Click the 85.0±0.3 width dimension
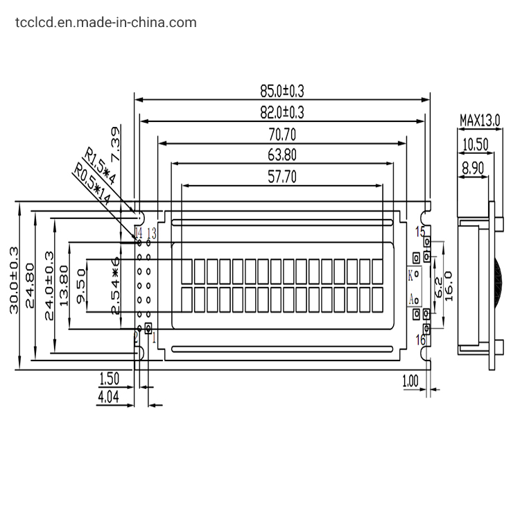pyautogui.click(x=282, y=90)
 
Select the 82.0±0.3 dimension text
pyautogui.click(x=282, y=112)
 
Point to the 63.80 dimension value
pyautogui.click(x=282, y=155)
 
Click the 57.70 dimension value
pyautogui.click(x=282, y=177)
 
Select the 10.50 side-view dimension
pyautogui.click(x=476, y=144)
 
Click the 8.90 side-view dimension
pyautogui.click(x=474, y=166)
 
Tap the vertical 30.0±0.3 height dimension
pyautogui.click(x=14, y=284)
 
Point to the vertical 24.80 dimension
pyautogui.click(x=30, y=284)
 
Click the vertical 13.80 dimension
pyautogui.click(x=64, y=284)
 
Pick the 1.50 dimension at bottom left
pyautogui.click(x=110, y=379)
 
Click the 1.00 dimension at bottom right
pyautogui.click(x=410, y=380)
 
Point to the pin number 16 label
pyautogui.click(x=420, y=339)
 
